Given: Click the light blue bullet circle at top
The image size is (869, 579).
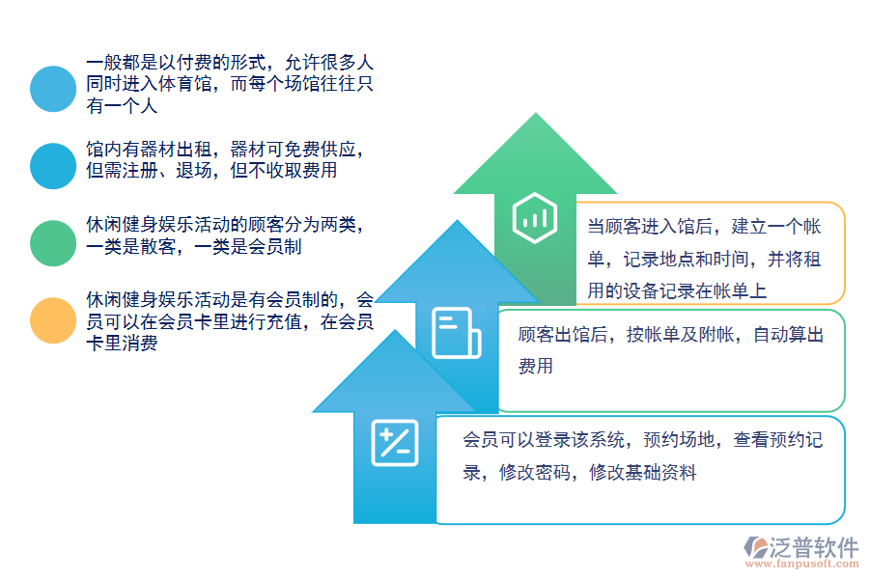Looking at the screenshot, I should click(x=52, y=89).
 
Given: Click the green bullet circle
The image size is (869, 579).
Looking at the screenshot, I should click(x=52, y=242).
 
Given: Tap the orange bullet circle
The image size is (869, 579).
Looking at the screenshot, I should click(x=52, y=320).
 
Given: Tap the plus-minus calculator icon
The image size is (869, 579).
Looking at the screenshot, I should click(x=395, y=443).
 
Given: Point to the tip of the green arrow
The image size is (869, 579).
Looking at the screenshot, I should click(x=535, y=116).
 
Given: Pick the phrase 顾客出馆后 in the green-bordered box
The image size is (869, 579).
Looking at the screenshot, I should click(x=566, y=336).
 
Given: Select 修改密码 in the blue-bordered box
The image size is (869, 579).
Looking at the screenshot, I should click(x=534, y=473).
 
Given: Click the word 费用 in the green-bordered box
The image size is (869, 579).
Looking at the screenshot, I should click(x=536, y=367).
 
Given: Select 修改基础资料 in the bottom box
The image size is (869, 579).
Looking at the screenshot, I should click(x=642, y=473).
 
